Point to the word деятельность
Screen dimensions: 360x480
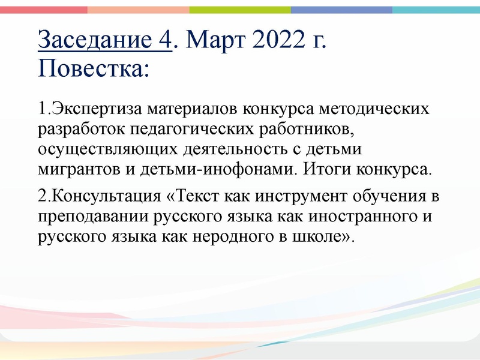[220, 148]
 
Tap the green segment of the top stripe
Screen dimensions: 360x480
[240, 10]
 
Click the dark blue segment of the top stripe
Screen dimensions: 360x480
[342, 10]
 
